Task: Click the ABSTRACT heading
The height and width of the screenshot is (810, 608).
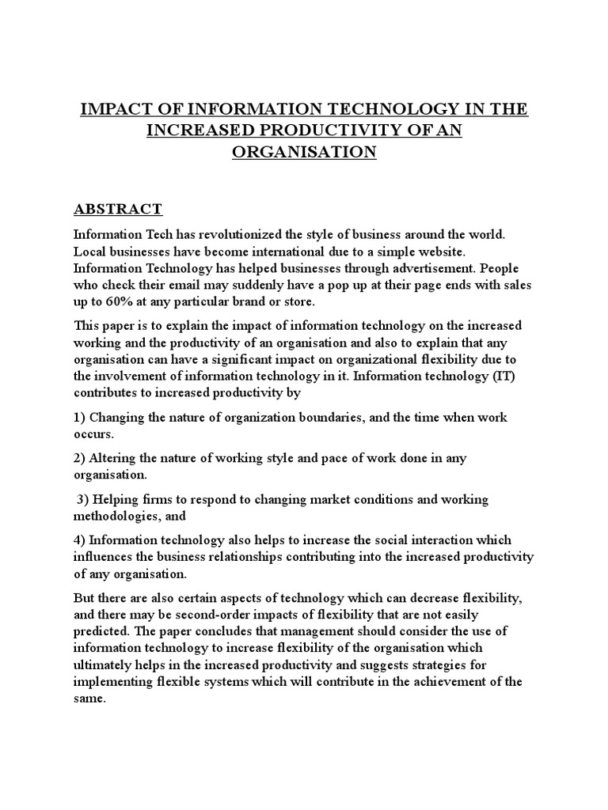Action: (118, 210)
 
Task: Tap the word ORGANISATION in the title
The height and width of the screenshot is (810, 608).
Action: (304, 151)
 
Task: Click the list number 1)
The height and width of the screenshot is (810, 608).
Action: (80, 418)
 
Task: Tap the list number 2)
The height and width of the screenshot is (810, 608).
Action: (80, 459)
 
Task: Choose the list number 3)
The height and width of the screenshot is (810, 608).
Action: (84, 500)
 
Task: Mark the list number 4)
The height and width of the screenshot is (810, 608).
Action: (80, 540)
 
